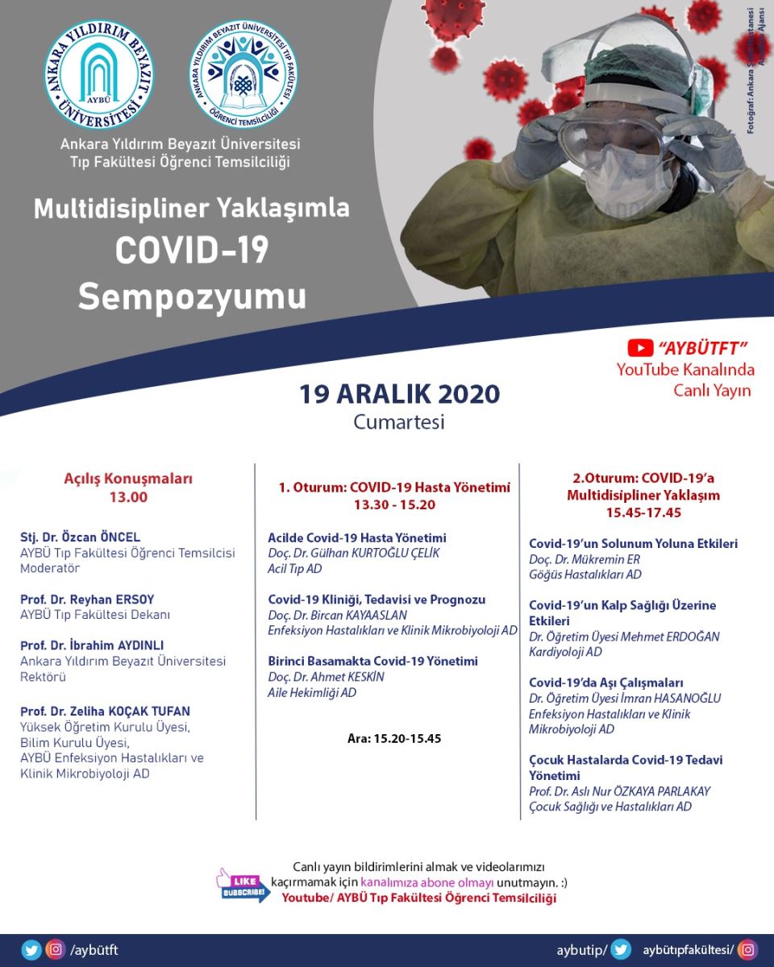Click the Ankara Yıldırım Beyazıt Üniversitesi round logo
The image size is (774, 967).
[99, 74]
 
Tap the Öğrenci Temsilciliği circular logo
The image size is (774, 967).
[243, 74]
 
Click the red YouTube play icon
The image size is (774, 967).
[640, 347]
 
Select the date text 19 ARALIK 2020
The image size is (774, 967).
[400, 394]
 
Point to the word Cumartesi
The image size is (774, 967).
[399, 421]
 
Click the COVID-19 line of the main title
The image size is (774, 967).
[192, 251]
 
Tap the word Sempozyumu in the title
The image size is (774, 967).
[192, 296]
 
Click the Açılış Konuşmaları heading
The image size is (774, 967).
[128, 479]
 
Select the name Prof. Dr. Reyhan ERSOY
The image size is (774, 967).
[87, 600]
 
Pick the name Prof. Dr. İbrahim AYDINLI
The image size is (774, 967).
[92, 645]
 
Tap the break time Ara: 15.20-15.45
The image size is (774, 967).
[394, 738]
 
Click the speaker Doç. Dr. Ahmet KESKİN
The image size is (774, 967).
[326, 677]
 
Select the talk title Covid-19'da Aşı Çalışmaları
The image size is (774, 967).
[606, 683]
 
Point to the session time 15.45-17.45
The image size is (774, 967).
[643, 512]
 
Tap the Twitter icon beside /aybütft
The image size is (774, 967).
[31, 950]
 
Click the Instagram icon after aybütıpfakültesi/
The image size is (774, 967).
[748, 950]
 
